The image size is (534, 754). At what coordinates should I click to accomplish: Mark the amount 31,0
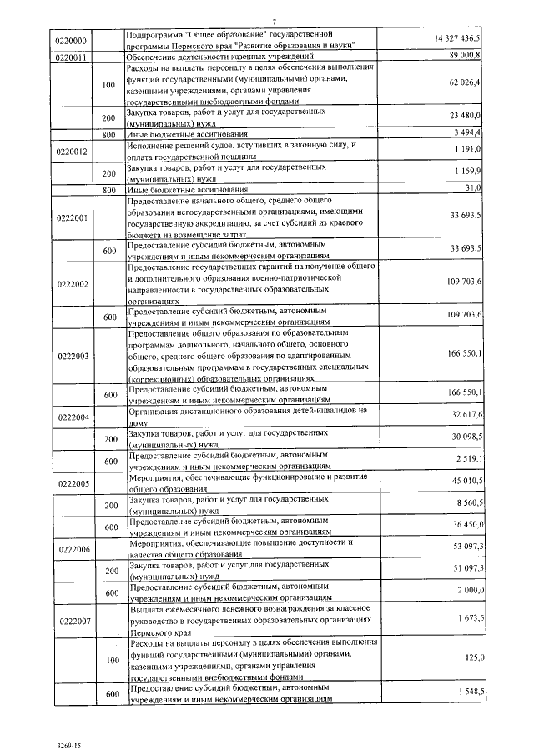point(474,188)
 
